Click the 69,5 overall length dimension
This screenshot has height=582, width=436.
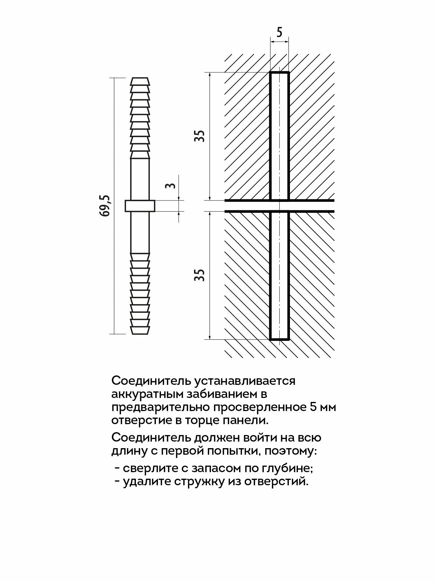105,206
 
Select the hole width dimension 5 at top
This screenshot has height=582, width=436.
279,33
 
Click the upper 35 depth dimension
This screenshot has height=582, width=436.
200,136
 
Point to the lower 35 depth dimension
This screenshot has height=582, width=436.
200,275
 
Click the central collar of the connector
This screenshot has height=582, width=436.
140,206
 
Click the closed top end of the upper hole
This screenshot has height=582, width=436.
279,73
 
